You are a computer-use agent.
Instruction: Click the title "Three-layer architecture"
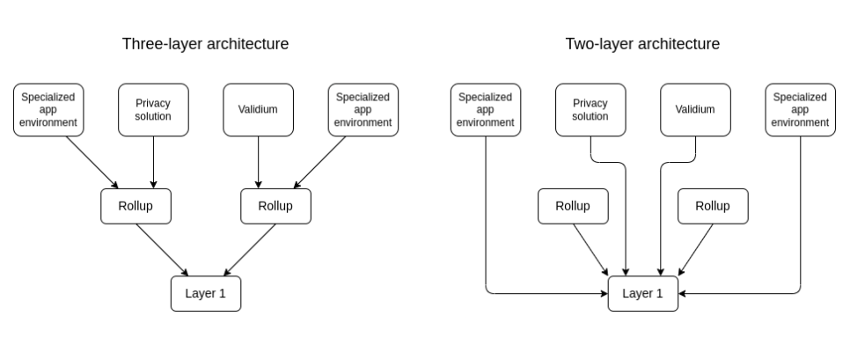(x=205, y=43)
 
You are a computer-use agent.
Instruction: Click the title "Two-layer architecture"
(x=642, y=43)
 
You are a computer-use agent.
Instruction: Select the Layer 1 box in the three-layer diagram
(x=205, y=294)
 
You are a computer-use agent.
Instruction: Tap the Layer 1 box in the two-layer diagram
(x=642, y=294)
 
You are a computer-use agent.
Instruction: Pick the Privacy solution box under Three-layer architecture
(x=153, y=110)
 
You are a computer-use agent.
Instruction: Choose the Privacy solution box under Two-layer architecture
(x=590, y=110)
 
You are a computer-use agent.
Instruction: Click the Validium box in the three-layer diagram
(x=258, y=110)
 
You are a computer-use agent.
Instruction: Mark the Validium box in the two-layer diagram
(x=695, y=110)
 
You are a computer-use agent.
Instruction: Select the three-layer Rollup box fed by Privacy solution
(x=135, y=206)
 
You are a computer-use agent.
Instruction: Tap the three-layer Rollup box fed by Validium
(x=275, y=206)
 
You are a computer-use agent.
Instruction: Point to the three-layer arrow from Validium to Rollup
(x=258, y=163)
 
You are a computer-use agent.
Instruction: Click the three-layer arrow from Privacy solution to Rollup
(x=153, y=163)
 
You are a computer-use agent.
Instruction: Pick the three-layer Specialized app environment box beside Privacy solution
(x=48, y=110)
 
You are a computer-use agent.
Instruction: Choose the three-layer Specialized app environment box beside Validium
(x=363, y=110)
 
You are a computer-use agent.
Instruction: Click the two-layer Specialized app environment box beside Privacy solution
(x=486, y=110)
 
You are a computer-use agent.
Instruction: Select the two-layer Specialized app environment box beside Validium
(x=800, y=110)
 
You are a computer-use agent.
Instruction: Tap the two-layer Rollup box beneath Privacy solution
(x=573, y=206)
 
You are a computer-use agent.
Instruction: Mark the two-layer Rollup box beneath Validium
(x=713, y=206)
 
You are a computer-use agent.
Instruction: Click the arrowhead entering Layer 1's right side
(x=683, y=294)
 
